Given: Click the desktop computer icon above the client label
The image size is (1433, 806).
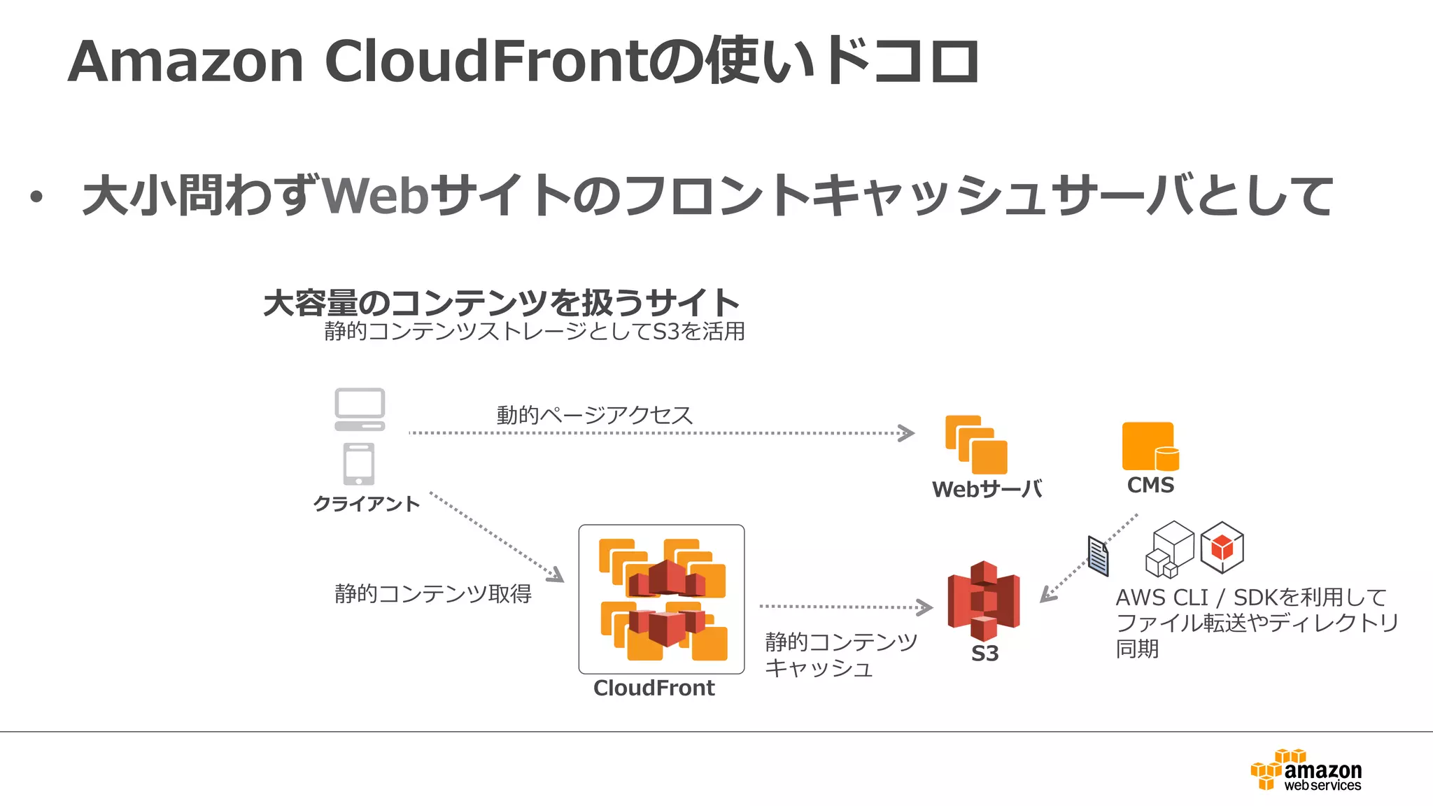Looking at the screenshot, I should tap(360, 409).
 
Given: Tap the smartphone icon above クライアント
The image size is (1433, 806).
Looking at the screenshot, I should tap(359, 464).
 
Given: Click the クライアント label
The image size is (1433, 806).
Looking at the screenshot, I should tap(366, 504).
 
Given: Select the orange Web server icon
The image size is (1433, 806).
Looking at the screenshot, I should tap(976, 445).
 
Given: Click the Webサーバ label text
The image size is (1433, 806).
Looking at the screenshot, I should tap(987, 489).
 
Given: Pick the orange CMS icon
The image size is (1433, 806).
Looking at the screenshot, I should tap(1150, 446).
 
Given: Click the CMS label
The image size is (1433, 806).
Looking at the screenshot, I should tap(1150, 485).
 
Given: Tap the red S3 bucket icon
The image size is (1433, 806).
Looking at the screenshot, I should tap(983, 600).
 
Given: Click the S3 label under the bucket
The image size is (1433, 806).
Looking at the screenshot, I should tap(984, 653).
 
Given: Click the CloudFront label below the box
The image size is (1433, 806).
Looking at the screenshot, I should tap(654, 688).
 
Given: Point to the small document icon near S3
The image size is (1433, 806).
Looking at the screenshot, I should tap(1098, 556).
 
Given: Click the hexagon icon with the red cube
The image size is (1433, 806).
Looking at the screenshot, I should tap(1222, 547).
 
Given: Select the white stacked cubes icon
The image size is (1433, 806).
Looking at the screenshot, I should tap(1170, 550).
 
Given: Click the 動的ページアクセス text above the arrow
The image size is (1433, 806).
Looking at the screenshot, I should tap(594, 415).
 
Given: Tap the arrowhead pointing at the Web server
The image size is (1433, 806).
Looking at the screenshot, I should tap(907, 433).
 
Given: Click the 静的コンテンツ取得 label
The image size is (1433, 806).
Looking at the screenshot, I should tap(432, 594).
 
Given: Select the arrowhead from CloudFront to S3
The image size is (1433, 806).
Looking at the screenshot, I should tap(926, 607).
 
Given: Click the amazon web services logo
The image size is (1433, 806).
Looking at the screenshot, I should tap(1306, 770).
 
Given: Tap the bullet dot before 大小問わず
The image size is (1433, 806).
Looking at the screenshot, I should tap(36, 198).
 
